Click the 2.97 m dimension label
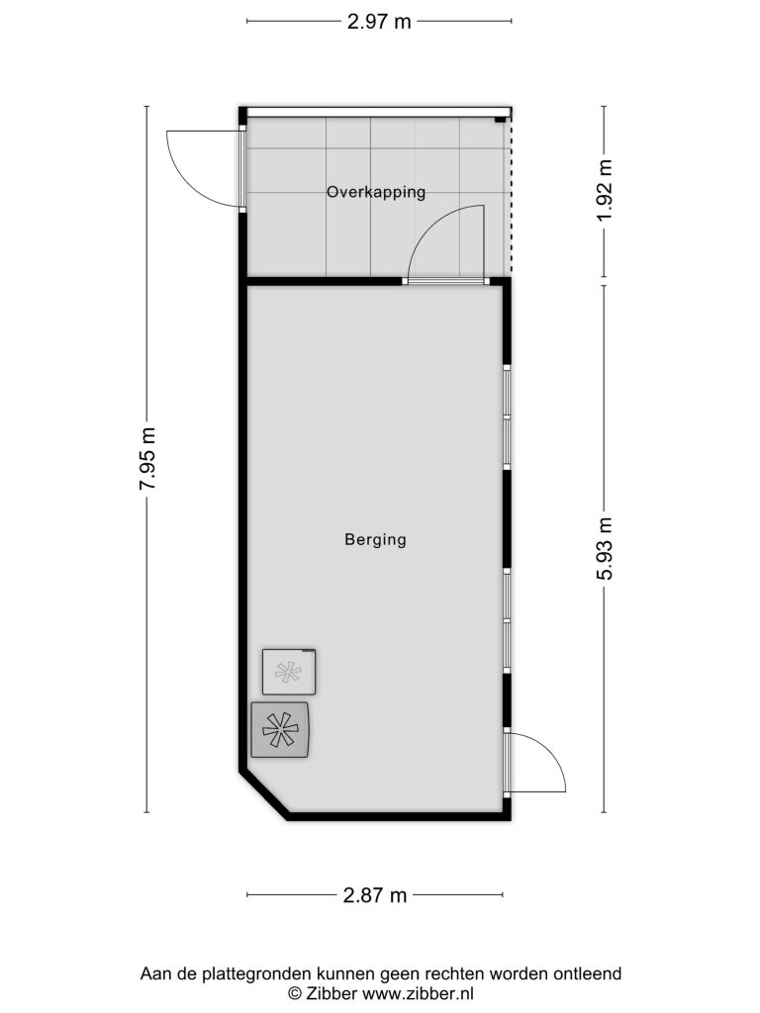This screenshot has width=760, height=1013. [x=379, y=22]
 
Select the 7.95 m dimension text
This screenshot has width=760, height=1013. [x=147, y=458]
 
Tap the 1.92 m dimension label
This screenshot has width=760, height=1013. [x=605, y=190]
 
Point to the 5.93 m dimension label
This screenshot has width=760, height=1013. [x=605, y=548]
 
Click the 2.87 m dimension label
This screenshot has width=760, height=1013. [x=375, y=894]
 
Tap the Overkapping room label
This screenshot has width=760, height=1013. [x=376, y=192]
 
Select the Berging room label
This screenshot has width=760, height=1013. [x=375, y=539]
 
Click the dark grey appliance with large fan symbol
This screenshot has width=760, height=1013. [x=280, y=729]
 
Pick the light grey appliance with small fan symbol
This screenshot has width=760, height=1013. [x=289, y=672]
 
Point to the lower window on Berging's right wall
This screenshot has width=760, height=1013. [x=508, y=621]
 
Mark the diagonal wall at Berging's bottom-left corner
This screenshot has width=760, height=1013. [x=263, y=794]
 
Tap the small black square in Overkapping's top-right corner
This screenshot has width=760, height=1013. [x=500, y=120]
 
